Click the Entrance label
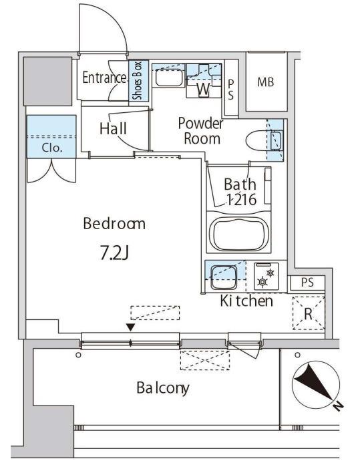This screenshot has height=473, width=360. tap(104, 77)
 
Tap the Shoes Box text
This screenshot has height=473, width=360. tap(138, 81)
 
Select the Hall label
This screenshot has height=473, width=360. tap(113, 129)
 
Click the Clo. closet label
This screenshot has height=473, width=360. tap(52, 148)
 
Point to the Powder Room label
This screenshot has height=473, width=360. tap(200, 131)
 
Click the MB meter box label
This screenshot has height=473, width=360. tap(266, 82)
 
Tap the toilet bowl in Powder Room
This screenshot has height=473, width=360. tap(256, 140)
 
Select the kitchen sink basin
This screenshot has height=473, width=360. tap(224, 277)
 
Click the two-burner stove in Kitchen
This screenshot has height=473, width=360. tap(266, 277)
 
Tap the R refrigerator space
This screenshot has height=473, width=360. tap(308, 313)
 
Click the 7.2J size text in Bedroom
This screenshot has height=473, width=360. tap(114, 254)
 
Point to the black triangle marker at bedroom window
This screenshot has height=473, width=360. tap(130, 327)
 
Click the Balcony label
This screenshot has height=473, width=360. tap(163, 388)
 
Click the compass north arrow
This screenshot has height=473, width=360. tap(316, 383)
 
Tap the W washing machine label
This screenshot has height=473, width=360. tap(204, 89)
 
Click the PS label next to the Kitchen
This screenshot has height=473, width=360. tap(307, 282)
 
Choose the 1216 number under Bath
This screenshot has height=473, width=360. tap(241, 199)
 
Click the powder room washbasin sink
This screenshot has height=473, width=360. tap(170, 77)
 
